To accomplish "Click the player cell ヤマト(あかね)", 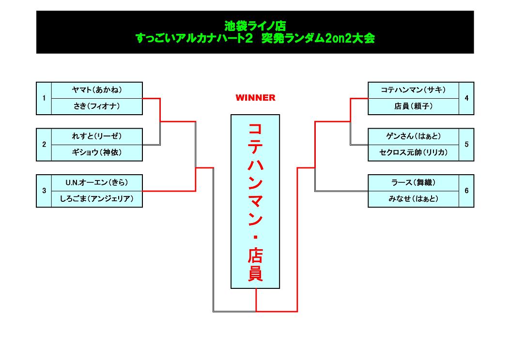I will pos(97,90).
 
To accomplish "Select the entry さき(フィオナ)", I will pos(97,106).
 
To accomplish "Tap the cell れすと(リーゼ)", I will pos(97,136).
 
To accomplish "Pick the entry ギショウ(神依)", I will pos(97,152).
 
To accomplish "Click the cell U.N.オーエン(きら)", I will pos(97,182).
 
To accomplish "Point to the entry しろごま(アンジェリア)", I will pos(97,199).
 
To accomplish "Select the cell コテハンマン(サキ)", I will pos(413,90).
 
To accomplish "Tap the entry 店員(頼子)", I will pos(413,106).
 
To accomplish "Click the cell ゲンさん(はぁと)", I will pos(413,136).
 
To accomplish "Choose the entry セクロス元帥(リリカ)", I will pos(413,152).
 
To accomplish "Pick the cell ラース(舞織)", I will pos(413,182).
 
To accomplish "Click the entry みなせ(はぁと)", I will pos(413,199).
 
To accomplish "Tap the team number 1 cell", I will pos(44,98).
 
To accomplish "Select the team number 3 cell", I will pos(44,191).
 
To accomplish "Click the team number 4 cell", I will pos(466,98).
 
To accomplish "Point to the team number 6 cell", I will pos(466,191).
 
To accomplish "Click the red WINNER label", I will pos(255,98).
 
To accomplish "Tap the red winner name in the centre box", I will pos(255,201).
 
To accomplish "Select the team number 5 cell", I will pos(466,144).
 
